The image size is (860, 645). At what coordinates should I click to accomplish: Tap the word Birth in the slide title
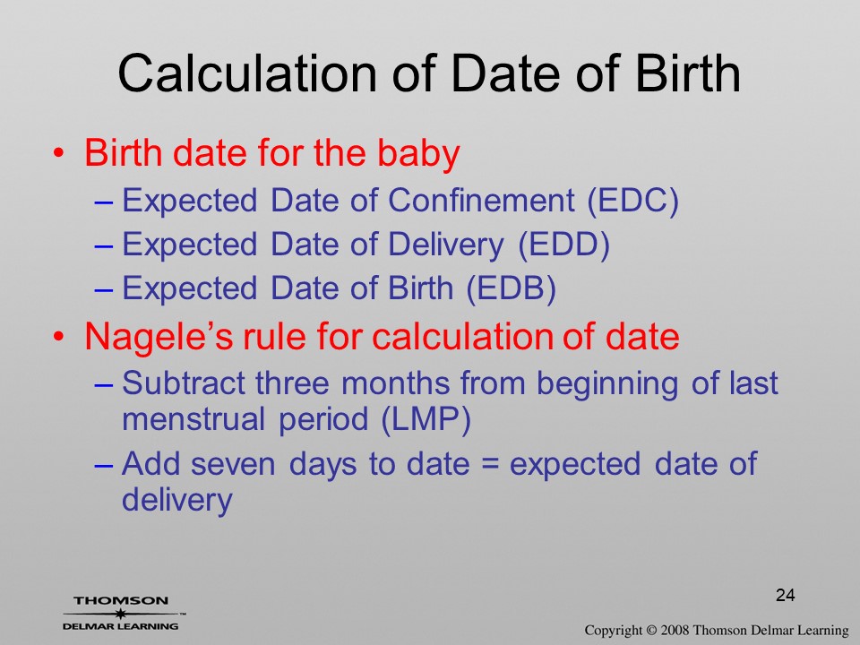pyautogui.click(x=688, y=73)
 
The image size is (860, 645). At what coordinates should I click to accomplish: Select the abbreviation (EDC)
pyautogui.click(x=633, y=201)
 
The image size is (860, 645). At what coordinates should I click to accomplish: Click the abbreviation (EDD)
pyautogui.click(x=564, y=245)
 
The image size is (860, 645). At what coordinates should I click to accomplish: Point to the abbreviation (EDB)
pyautogui.click(x=512, y=288)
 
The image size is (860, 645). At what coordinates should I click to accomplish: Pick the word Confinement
pyautogui.click(x=482, y=200)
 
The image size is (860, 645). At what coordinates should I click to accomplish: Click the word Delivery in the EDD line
pyautogui.click(x=446, y=245)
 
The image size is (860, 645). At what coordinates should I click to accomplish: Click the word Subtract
pyautogui.click(x=183, y=383)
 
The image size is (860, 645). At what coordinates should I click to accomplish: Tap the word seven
pyautogui.click(x=233, y=465)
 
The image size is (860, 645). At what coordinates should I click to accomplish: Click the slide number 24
pyautogui.click(x=786, y=595)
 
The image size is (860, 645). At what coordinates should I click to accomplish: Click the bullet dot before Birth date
pyautogui.click(x=59, y=152)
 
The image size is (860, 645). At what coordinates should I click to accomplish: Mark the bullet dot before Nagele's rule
pyautogui.click(x=59, y=336)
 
